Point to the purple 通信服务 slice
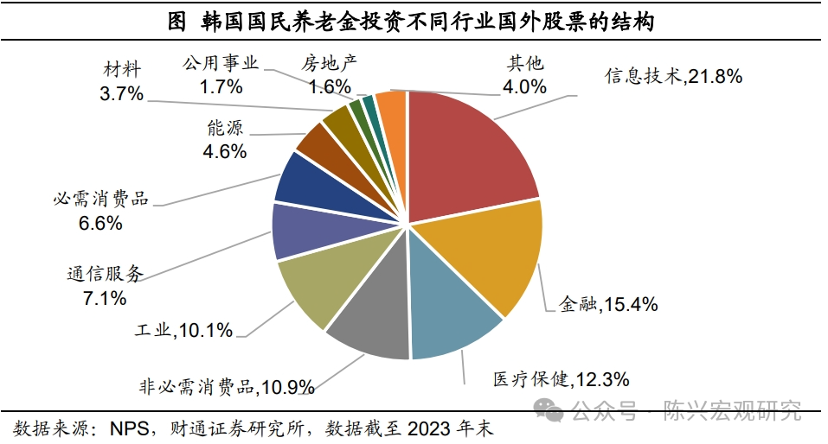coord(298,231)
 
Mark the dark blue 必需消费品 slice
coord(305,179)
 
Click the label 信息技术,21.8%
coord(673,76)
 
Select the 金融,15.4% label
coord(608,303)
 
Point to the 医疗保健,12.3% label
coord(561,378)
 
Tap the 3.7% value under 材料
coord(121,94)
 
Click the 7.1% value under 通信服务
coord(105,298)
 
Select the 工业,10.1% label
coord(184,330)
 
